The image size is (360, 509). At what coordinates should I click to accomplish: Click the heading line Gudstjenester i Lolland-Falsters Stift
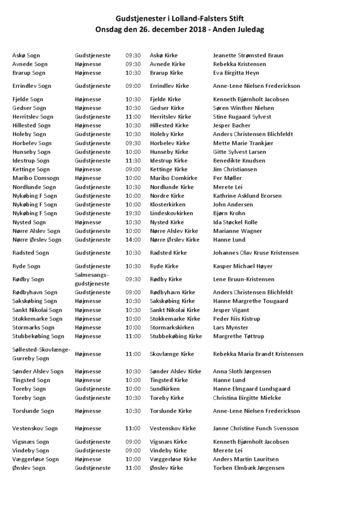(x=179, y=18)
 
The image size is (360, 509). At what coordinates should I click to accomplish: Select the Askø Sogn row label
(x=26, y=55)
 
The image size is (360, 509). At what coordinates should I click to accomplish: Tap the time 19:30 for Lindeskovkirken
(x=133, y=213)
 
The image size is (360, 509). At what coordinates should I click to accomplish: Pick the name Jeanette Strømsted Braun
(x=248, y=55)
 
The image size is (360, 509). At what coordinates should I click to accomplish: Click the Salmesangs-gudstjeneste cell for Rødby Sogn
(x=92, y=279)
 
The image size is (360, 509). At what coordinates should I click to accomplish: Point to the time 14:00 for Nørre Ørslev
(x=133, y=239)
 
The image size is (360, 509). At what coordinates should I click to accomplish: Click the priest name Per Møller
(x=227, y=178)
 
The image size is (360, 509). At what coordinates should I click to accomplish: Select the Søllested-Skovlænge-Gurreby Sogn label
(x=41, y=354)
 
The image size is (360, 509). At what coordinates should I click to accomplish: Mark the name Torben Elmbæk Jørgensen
(x=249, y=468)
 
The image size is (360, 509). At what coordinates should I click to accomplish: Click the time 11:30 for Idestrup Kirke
(x=133, y=160)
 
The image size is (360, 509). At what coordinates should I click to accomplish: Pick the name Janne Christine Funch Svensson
(x=256, y=429)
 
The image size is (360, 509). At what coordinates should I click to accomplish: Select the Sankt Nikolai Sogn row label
(x=37, y=310)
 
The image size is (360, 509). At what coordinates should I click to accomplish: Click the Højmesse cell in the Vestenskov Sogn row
(x=88, y=429)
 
